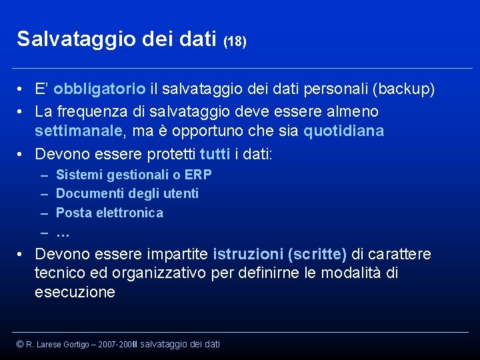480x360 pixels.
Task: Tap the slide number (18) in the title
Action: tap(235, 41)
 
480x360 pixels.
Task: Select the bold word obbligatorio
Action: tap(100, 89)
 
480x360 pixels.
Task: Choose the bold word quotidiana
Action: tap(343, 131)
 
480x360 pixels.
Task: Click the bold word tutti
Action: tap(215, 154)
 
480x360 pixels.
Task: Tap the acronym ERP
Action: tap(198, 175)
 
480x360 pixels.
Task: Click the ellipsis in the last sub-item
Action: tap(63, 233)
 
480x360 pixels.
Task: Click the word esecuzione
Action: tap(75, 293)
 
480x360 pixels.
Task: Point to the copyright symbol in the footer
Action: tap(20, 344)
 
